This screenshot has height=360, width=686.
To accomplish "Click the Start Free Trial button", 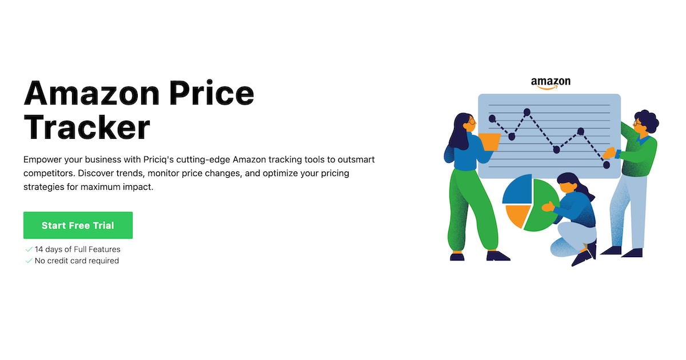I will (78, 225).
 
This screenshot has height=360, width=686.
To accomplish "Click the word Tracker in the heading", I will (86, 127).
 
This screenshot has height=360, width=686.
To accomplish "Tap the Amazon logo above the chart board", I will (551, 83).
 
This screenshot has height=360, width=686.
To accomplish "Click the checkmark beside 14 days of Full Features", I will (29, 249).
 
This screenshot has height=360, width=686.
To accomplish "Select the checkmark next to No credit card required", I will (29, 261).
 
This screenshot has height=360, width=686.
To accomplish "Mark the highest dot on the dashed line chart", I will (527, 112).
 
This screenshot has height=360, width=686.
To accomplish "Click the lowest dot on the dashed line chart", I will (607, 165).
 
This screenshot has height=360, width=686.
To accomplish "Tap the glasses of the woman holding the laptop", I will (470, 122).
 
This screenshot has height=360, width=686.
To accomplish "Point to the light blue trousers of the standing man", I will (627, 211).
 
